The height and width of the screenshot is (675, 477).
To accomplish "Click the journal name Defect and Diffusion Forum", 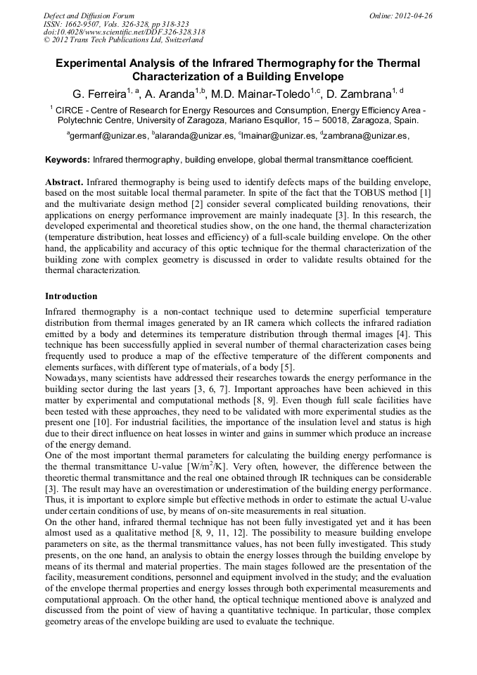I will tap(89, 15).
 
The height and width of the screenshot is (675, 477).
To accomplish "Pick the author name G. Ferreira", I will tap(98, 93).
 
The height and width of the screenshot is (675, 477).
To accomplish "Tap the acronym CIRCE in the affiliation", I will tap(71, 111).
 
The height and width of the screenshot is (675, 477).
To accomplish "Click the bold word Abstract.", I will tap(64, 182).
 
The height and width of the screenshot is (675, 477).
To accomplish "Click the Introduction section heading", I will tap(71, 296).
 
